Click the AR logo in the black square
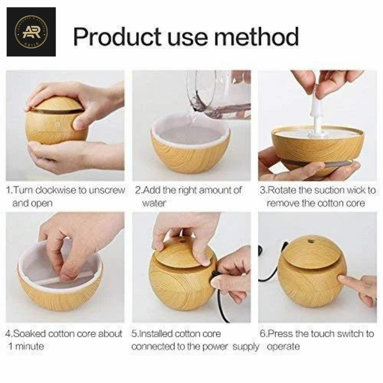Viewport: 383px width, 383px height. click(x=31, y=31)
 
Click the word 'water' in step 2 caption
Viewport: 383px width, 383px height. click(x=154, y=203)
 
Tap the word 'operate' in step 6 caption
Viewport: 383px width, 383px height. click(x=283, y=346)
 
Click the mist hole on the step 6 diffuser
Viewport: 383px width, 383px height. click(x=310, y=238)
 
